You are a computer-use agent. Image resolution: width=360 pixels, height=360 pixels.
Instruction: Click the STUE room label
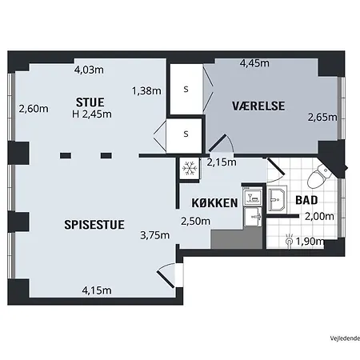pyautogui.click(x=90, y=102)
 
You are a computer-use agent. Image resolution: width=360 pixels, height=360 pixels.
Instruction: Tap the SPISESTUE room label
pyautogui.click(x=94, y=225)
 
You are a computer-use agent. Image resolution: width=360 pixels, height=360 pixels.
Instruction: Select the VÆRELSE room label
pyautogui.click(x=258, y=106)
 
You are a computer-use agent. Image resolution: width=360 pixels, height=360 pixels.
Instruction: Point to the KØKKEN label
pyautogui.click(x=214, y=203)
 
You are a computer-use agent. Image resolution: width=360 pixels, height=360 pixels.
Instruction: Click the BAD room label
pyautogui.click(x=306, y=200)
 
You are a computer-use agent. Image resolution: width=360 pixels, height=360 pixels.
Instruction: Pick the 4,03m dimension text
pyautogui.click(x=89, y=70)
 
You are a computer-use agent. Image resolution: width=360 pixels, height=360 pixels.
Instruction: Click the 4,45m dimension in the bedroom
pyautogui.click(x=254, y=63)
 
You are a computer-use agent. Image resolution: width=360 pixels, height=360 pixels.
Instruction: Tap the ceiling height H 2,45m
pyautogui.click(x=92, y=114)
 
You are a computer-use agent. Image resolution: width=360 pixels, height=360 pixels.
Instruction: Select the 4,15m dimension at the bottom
pyautogui.click(x=97, y=290)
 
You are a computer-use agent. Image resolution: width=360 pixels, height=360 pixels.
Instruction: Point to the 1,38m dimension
pyautogui.click(x=146, y=91)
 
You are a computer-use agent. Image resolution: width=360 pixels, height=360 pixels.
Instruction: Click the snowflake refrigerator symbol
pyautogui.click(x=190, y=169)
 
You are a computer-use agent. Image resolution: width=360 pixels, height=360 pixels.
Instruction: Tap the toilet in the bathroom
pyautogui.click(x=318, y=175)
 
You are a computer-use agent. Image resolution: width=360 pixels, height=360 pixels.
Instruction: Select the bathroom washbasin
pyautogui.click(x=278, y=199)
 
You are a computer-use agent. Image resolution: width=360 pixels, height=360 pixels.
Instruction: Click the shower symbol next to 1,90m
pyautogui.click(x=289, y=241)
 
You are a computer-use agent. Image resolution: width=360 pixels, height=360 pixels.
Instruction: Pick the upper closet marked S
pyautogui.click(x=186, y=90)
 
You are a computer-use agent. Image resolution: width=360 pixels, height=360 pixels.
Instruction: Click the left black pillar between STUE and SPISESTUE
pyautogui.click(x=66, y=155)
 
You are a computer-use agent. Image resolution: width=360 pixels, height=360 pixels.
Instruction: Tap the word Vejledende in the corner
pyautogui.click(x=345, y=338)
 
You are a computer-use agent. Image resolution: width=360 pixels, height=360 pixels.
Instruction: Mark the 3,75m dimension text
pyautogui.click(x=155, y=235)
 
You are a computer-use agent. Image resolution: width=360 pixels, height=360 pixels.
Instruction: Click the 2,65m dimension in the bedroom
pyautogui.click(x=322, y=117)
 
